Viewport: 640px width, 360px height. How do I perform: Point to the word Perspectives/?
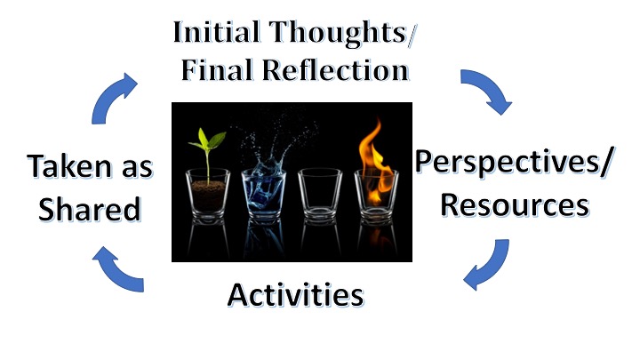point(503,163)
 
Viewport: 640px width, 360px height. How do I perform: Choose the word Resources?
point(515,204)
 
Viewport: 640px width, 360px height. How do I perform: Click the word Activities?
point(295,293)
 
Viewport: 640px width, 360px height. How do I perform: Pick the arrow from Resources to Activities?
point(487,266)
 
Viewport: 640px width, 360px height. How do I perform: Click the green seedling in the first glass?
point(212,142)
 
